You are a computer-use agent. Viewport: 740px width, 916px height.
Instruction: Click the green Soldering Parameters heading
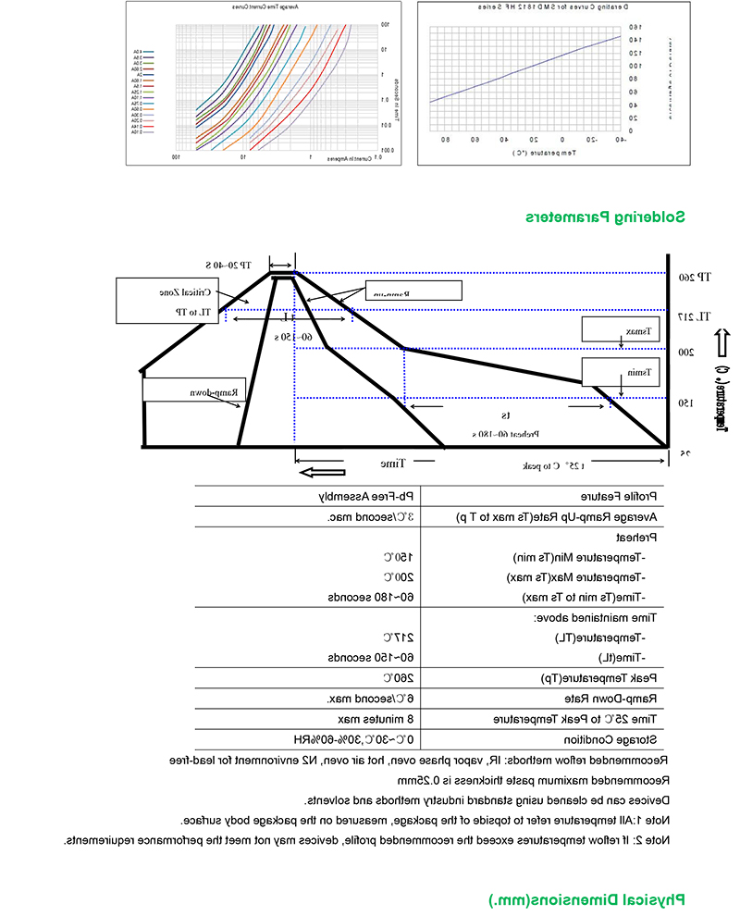point(606,217)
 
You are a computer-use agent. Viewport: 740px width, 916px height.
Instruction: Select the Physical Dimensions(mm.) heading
point(592,899)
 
